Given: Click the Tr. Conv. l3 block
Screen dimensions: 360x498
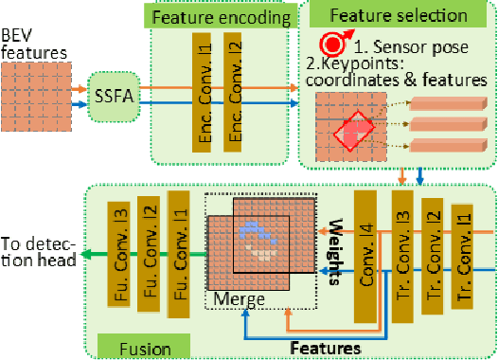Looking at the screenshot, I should point(399,248).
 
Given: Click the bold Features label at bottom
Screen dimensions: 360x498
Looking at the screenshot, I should point(325,348).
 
